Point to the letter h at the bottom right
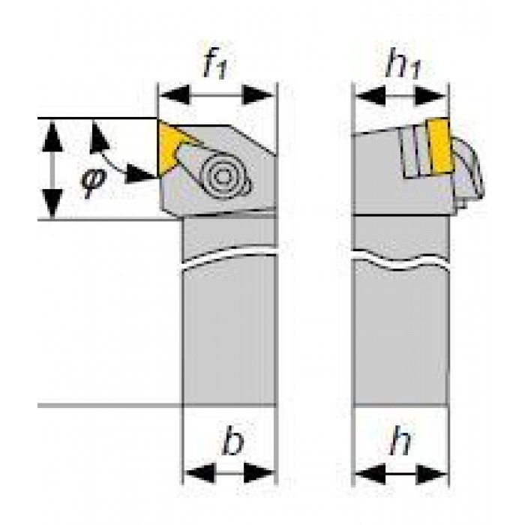pyautogui.click(x=400, y=444)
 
